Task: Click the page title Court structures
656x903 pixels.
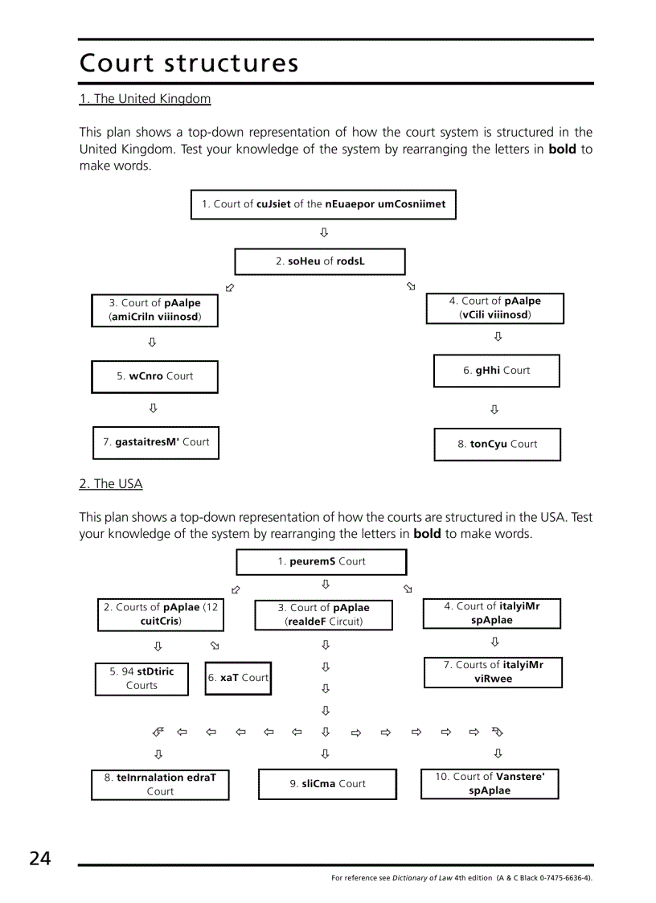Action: click(x=189, y=64)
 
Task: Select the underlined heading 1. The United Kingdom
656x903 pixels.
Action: click(x=145, y=99)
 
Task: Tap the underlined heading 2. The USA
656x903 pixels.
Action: click(x=110, y=484)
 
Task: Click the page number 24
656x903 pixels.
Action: click(x=39, y=859)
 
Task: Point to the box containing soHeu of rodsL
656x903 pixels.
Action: click(x=319, y=261)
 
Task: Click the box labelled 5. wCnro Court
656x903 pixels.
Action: click(x=154, y=376)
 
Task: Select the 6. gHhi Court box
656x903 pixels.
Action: click(x=496, y=371)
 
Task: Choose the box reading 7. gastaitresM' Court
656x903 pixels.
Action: click(x=155, y=442)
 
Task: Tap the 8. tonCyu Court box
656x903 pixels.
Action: click(x=497, y=444)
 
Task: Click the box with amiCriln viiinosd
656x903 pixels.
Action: click(x=154, y=310)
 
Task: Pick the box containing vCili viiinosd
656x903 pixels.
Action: click(x=494, y=308)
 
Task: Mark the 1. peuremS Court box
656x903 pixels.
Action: click(x=321, y=562)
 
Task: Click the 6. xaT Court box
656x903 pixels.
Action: click(x=238, y=678)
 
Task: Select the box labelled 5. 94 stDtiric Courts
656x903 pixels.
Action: click(x=141, y=678)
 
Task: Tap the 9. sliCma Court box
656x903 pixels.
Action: click(x=327, y=784)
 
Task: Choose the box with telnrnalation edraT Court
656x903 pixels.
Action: click(x=160, y=785)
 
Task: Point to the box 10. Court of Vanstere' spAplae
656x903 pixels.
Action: click(x=490, y=783)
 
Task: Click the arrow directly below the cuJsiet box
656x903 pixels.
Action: click(x=324, y=233)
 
